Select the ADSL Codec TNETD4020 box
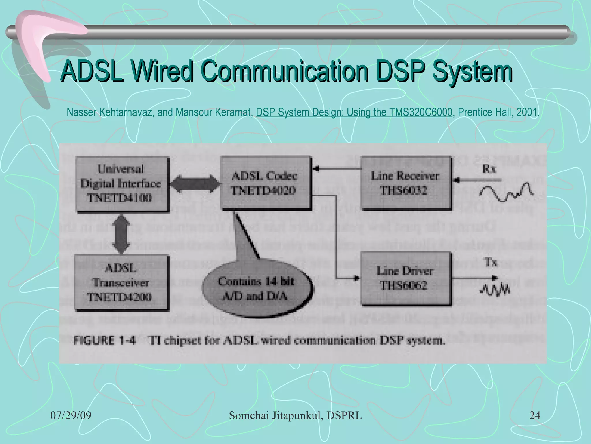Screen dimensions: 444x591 pos(265,183)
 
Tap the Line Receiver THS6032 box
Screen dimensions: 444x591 pos(405,183)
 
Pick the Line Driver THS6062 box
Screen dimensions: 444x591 pos(405,278)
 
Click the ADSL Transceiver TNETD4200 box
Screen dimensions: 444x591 pos(121,282)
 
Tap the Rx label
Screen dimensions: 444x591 pos(489,169)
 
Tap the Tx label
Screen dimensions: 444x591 pos(491,262)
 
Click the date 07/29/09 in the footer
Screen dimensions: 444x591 pos(71,415)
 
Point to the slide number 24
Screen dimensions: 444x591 pos(534,415)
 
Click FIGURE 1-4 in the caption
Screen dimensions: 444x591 pos(104,340)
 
